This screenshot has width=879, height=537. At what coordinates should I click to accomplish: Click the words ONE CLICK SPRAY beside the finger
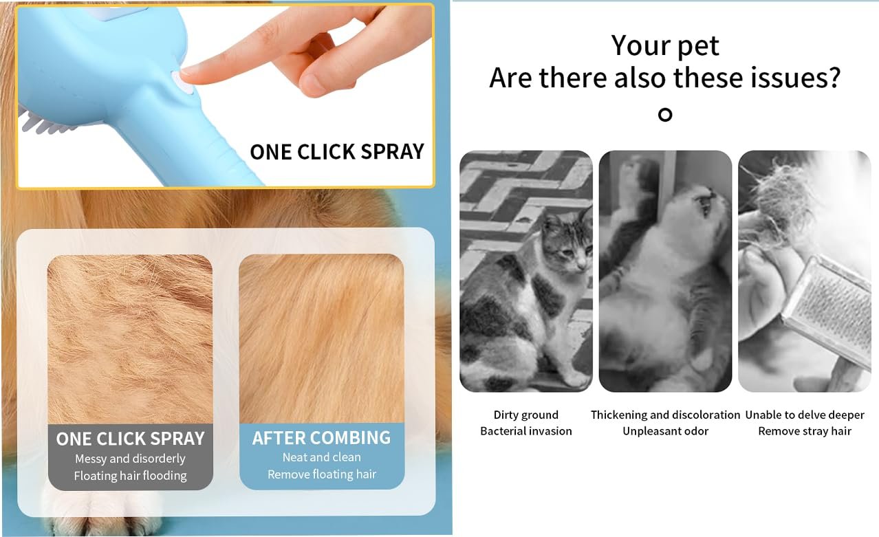click(x=336, y=151)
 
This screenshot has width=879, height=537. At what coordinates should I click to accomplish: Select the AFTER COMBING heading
click(x=321, y=438)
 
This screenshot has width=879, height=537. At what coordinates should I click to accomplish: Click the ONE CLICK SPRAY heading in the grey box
click(x=130, y=439)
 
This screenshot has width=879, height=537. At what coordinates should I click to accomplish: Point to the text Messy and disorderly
click(x=130, y=459)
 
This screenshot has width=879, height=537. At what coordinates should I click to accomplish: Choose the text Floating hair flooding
click(x=130, y=476)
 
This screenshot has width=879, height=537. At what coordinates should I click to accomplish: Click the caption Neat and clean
click(x=321, y=457)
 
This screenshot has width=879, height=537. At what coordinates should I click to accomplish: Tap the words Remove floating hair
click(x=321, y=474)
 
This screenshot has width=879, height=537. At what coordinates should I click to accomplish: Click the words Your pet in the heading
click(x=664, y=45)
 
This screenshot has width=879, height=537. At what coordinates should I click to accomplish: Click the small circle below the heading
click(x=664, y=115)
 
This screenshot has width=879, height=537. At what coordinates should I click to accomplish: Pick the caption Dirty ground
click(x=525, y=415)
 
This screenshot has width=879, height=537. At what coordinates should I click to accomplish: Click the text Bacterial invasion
click(x=525, y=431)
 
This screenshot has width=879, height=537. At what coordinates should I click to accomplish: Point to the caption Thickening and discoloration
click(x=665, y=415)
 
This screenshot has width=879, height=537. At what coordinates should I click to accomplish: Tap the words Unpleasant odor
click(x=665, y=431)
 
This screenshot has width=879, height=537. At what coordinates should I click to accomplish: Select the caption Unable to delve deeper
click(x=805, y=415)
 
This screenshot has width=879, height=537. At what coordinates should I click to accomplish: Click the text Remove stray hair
click(x=805, y=431)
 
